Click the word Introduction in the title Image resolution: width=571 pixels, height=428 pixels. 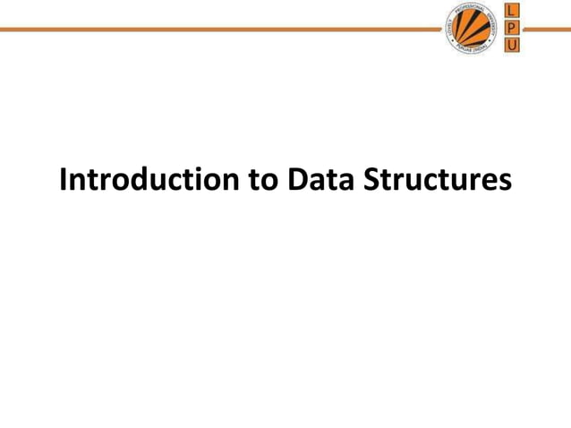[149, 179]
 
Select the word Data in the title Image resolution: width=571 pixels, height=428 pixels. [323, 179]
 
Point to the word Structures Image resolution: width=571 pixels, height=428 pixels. [439, 179]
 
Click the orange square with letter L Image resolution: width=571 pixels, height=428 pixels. [510, 12]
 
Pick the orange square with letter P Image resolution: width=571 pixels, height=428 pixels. [510, 28]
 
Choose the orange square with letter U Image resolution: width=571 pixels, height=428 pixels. [510, 44]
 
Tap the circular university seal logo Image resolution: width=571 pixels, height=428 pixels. [472, 29]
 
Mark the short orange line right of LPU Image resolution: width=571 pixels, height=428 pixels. [545, 29]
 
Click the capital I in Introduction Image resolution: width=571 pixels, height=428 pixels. [64, 179]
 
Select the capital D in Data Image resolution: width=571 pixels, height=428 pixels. [298, 179]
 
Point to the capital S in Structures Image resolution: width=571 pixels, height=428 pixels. [374, 179]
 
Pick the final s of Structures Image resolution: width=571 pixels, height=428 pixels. [505, 182]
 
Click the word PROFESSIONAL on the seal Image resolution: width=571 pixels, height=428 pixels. [471, 8]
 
